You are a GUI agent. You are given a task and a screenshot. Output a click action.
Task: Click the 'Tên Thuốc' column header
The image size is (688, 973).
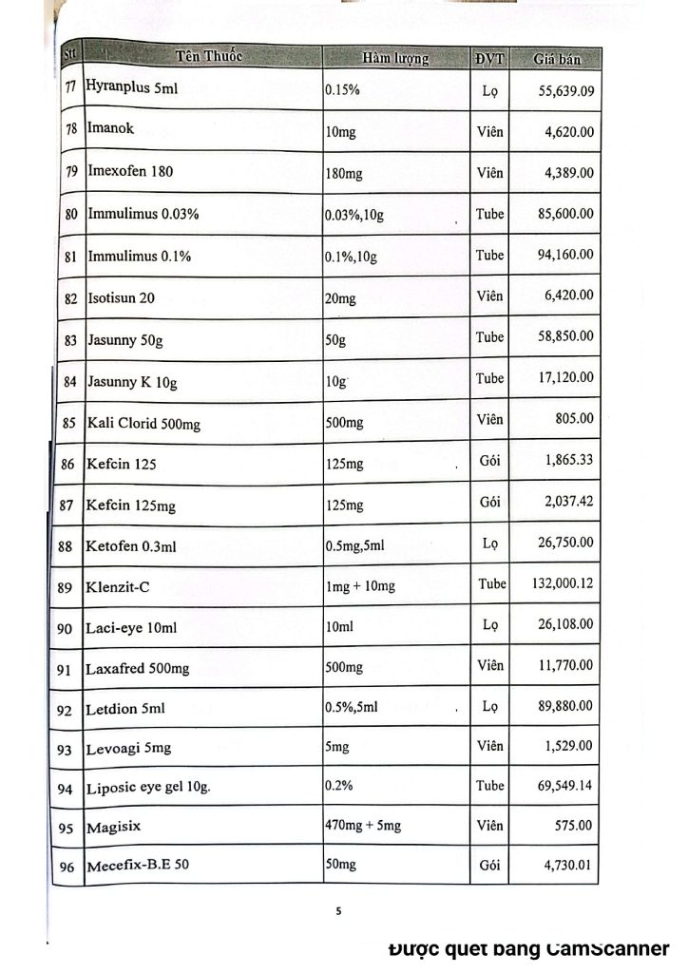click(209, 54)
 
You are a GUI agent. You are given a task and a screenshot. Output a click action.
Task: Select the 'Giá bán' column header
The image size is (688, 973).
click(557, 58)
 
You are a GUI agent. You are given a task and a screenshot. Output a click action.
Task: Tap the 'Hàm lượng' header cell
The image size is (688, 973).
click(395, 57)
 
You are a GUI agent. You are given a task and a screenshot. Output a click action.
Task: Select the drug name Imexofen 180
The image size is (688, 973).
click(130, 172)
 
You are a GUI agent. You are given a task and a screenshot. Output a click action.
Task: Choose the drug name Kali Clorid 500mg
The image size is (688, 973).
click(143, 423)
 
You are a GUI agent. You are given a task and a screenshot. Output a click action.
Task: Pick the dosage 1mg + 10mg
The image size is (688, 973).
click(360, 586)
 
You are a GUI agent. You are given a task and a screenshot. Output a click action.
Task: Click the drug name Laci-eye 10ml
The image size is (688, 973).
click(131, 628)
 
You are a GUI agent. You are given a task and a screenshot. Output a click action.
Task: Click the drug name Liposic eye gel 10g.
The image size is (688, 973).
click(148, 789)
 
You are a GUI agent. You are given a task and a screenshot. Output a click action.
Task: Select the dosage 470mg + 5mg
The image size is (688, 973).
click(363, 825)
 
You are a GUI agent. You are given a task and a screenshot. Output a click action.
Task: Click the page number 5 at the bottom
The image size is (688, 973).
click(338, 911)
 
